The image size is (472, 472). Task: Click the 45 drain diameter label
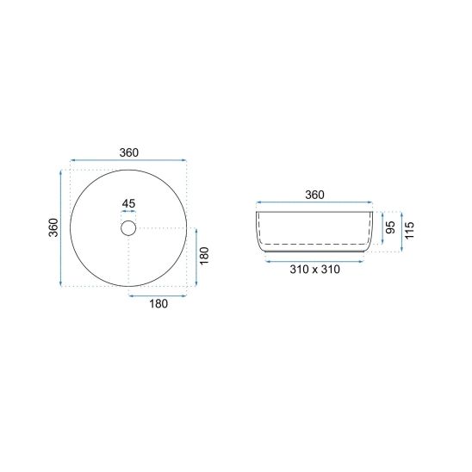[128, 204]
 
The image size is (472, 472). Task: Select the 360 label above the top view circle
[129, 153]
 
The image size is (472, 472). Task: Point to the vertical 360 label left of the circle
[53, 227]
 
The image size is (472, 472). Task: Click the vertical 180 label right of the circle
[204, 256]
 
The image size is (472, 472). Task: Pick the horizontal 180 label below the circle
[158, 304]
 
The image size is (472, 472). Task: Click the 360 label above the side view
[314, 195]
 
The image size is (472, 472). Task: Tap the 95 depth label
[390, 227]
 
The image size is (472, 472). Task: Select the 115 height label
[410, 231]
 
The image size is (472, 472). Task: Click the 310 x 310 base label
[315, 270]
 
